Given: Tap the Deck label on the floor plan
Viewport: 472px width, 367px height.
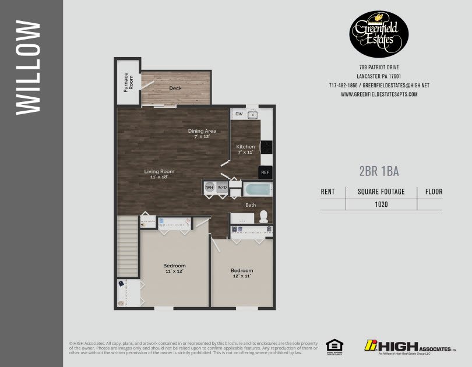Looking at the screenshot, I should (x=175, y=89).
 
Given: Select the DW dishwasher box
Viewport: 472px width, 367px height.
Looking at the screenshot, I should (x=239, y=114).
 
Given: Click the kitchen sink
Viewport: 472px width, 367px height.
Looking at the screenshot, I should (x=253, y=115).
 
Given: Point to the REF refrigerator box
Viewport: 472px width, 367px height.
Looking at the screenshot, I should (x=265, y=172).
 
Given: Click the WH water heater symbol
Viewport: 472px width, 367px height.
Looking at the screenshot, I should (x=209, y=187).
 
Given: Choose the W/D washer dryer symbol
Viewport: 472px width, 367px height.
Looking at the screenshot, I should (x=221, y=187).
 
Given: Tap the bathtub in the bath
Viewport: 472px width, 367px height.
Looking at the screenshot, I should (x=256, y=189).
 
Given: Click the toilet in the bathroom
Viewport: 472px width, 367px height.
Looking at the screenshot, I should (x=263, y=216).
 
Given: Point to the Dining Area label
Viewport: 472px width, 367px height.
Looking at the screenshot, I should (x=202, y=133).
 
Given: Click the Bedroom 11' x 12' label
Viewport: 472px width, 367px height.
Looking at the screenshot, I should (x=174, y=269).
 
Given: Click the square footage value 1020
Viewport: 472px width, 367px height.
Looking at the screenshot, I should (x=382, y=204).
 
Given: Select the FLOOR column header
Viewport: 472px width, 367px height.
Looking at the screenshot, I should (x=434, y=192).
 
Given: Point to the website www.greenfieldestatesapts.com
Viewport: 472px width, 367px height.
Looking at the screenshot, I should (x=379, y=94).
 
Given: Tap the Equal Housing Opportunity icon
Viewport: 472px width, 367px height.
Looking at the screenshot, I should (x=334, y=346).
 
